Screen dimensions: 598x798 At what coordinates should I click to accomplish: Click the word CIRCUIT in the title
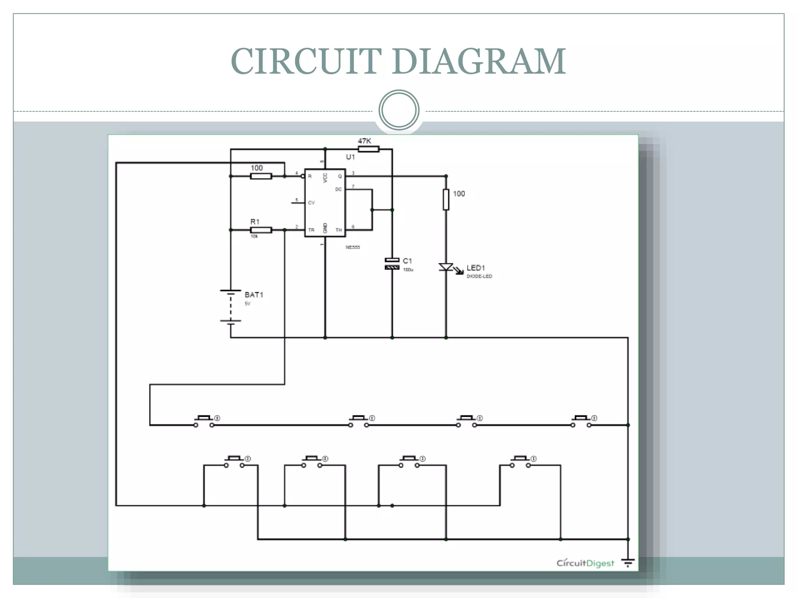click(306, 61)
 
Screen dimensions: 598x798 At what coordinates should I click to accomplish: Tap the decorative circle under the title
click(399, 110)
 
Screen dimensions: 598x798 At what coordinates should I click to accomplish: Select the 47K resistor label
click(365, 141)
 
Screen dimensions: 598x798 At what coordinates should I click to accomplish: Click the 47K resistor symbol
click(368, 149)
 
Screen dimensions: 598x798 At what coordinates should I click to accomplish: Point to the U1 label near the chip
click(350, 157)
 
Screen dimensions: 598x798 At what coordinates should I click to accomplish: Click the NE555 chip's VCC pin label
click(325, 178)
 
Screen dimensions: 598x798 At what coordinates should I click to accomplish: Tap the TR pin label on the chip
click(311, 230)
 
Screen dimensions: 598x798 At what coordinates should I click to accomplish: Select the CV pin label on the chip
click(311, 203)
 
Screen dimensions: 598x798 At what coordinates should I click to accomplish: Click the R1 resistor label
click(255, 222)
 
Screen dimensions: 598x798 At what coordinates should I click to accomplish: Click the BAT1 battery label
click(254, 295)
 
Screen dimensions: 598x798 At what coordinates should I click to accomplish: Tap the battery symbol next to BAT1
click(231, 306)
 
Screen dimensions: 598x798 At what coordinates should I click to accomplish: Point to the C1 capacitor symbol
click(392, 264)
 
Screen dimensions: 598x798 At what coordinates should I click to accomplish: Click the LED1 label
click(476, 268)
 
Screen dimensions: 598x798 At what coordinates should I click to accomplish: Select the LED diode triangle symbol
click(446, 267)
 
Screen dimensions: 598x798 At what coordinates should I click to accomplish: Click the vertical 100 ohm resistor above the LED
click(446, 200)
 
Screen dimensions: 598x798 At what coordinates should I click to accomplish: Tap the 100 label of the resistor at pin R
click(256, 168)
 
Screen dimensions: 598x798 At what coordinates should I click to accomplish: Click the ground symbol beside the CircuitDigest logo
click(628, 563)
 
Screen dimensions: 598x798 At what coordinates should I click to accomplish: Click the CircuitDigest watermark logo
click(585, 563)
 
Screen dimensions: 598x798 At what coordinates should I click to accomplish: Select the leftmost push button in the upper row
click(204, 421)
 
